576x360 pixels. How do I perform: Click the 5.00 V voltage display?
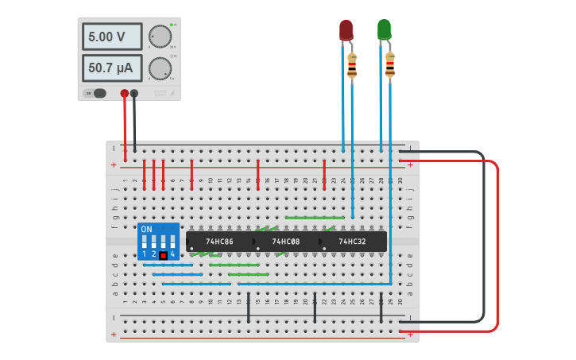[111, 37]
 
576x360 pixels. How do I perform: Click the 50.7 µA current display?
[111, 68]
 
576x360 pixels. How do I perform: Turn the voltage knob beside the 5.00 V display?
[160, 37]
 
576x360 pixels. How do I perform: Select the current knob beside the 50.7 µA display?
[160, 68]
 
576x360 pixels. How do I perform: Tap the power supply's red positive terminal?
[124, 94]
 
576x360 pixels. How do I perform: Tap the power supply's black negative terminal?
[134, 94]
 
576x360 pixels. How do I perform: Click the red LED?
[346, 30]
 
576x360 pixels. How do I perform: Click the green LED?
[384, 29]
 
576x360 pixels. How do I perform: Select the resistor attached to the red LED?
[352, 65]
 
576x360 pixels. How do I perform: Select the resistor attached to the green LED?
[390, 65]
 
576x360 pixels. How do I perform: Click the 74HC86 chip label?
[219, 242]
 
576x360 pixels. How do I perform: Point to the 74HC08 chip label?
[285, 242]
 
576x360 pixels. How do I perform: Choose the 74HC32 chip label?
[352, 242]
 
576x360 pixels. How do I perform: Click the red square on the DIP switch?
[163, 255]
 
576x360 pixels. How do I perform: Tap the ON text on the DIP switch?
[146, 229]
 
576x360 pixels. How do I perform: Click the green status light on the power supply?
[171, 25]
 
